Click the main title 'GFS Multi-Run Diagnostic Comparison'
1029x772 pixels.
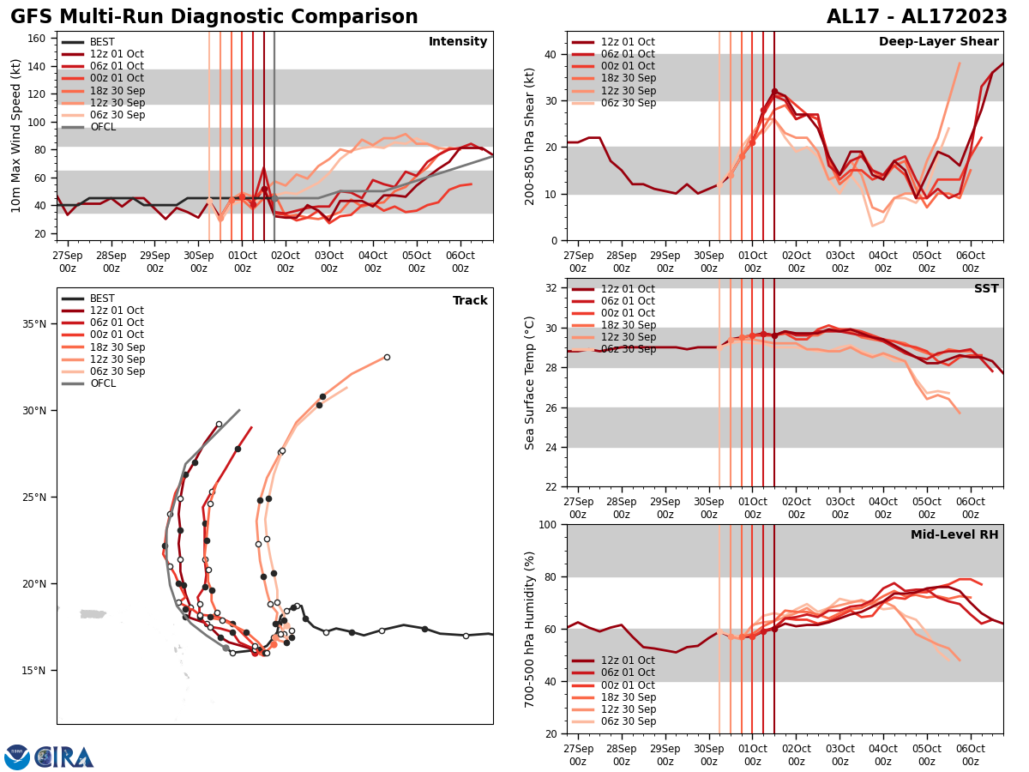tap(214, 17)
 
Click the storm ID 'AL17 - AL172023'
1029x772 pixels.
tap(917, 17)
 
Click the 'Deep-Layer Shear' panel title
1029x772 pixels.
tap(938, 42)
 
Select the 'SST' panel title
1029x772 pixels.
tap(986, 289)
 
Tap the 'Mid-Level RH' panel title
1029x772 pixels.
tap(954, 535)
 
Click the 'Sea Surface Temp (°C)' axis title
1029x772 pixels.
tap(531, 383)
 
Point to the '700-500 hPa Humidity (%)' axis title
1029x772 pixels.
tap(531, 629)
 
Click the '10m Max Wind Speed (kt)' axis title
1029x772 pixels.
tap(16, 136)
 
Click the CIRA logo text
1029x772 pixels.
tap(65, 757)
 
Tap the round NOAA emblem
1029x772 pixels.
tap(17, 757)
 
